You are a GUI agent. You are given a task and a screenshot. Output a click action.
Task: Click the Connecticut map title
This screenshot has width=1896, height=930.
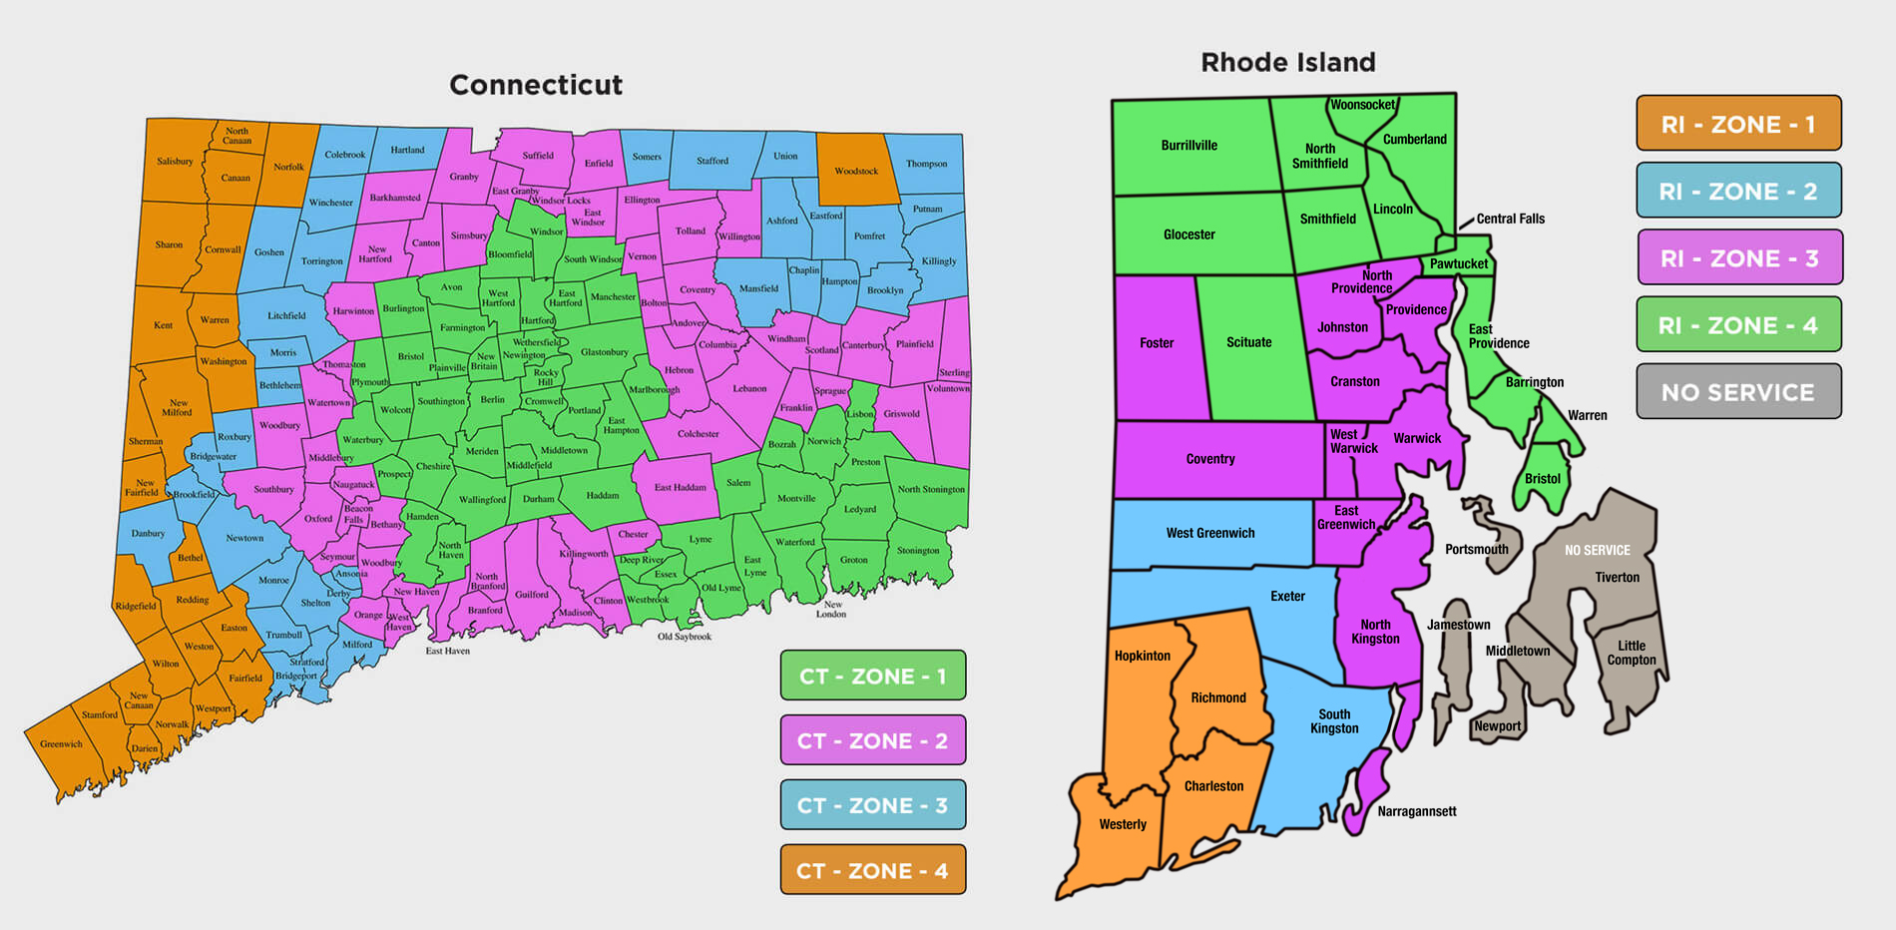tap(536, 85)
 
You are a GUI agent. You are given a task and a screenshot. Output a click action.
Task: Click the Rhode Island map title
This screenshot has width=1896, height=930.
tap(1287, 63)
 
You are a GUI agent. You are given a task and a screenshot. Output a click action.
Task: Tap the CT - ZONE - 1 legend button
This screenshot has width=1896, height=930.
tap(872, 676)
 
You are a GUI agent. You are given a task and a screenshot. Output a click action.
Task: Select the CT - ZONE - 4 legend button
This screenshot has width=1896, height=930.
tap(872, 870)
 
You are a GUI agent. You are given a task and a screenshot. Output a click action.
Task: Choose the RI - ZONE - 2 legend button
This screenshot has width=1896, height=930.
tap(1738, 191)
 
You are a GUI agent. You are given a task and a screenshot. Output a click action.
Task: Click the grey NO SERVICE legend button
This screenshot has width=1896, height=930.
tap(1738, 392)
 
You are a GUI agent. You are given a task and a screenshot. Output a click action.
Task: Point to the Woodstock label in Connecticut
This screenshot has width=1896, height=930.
tap(856, 171)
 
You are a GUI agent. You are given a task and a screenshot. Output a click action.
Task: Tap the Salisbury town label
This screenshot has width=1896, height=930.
tap(175, 161)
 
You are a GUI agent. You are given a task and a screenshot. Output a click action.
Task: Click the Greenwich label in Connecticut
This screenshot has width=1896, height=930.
tap(61, 743)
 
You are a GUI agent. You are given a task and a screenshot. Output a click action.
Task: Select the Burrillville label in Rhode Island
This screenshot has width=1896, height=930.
tap(1188, 146)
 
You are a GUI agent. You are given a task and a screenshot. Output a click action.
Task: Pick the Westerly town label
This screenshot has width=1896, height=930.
tap(1123, 824)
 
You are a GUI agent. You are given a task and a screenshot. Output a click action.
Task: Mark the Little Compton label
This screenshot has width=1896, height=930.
tap(1632, 653)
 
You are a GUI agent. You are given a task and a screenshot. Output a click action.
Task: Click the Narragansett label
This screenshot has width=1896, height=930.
tap(1416, 811)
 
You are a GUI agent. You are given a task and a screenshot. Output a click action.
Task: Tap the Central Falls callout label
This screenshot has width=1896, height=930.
tap(1510, 219)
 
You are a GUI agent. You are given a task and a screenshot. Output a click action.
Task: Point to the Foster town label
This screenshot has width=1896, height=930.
tap(1157, 343)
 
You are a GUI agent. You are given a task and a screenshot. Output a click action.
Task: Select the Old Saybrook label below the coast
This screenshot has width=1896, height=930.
tap(685, 637)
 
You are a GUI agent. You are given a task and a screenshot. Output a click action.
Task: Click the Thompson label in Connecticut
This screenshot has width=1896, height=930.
tap(926, 164)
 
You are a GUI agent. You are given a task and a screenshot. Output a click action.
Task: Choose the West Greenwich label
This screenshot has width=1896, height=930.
tap(1210, 533)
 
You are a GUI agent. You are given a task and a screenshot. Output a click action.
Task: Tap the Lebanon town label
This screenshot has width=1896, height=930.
tap(749, 388)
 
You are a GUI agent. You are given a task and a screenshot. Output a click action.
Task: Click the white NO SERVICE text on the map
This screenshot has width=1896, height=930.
tap(1597, 550)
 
